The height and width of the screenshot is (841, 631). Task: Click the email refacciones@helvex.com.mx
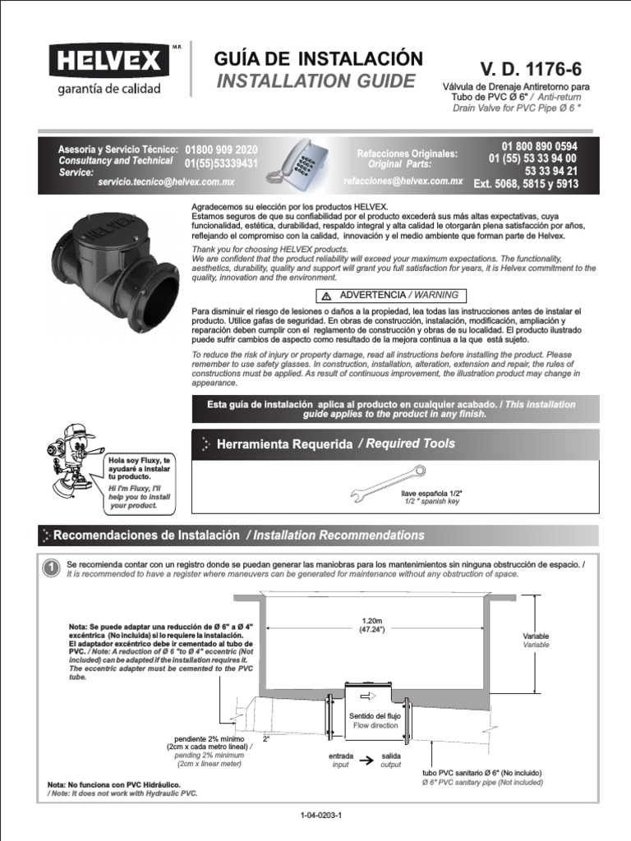(x=403, y=180)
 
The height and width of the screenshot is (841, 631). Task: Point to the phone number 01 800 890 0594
(x=540, y=145)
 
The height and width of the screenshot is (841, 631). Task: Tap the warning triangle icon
(x=326, y=296)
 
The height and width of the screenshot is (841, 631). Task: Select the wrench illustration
(x=387, y=484)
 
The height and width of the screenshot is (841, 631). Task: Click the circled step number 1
(x=51, y=568)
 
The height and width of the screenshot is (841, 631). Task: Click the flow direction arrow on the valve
(x=366, y=694)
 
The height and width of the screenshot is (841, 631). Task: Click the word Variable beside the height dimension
(x=536, y=636)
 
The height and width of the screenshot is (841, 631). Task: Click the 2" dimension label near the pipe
(x=266, y=739)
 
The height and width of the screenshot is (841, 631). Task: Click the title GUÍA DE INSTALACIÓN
(x=318, y=58)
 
